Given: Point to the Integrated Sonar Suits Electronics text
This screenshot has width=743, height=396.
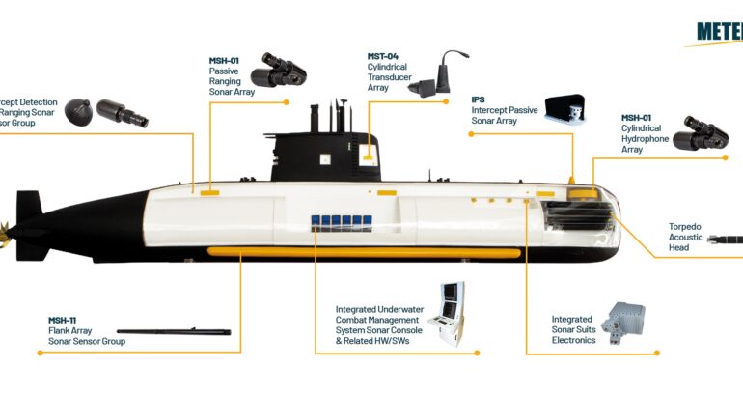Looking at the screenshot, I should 571,329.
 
